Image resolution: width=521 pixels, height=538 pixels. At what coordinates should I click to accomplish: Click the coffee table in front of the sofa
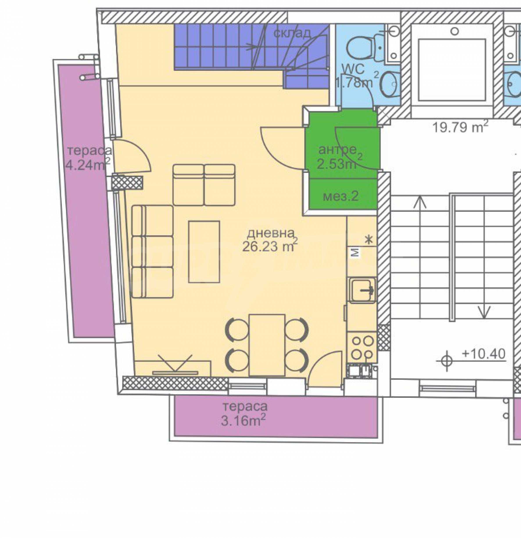click(x=204, y=252)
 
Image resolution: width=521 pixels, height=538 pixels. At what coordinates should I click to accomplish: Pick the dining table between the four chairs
click(x=267, y=345)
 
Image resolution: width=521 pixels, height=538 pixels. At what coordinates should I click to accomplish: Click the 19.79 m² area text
click(x=461, y=127)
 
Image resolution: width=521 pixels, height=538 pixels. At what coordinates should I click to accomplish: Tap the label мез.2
click(x=340, y=196)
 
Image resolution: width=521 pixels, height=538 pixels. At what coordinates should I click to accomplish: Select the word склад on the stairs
click(x=292, y=33)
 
